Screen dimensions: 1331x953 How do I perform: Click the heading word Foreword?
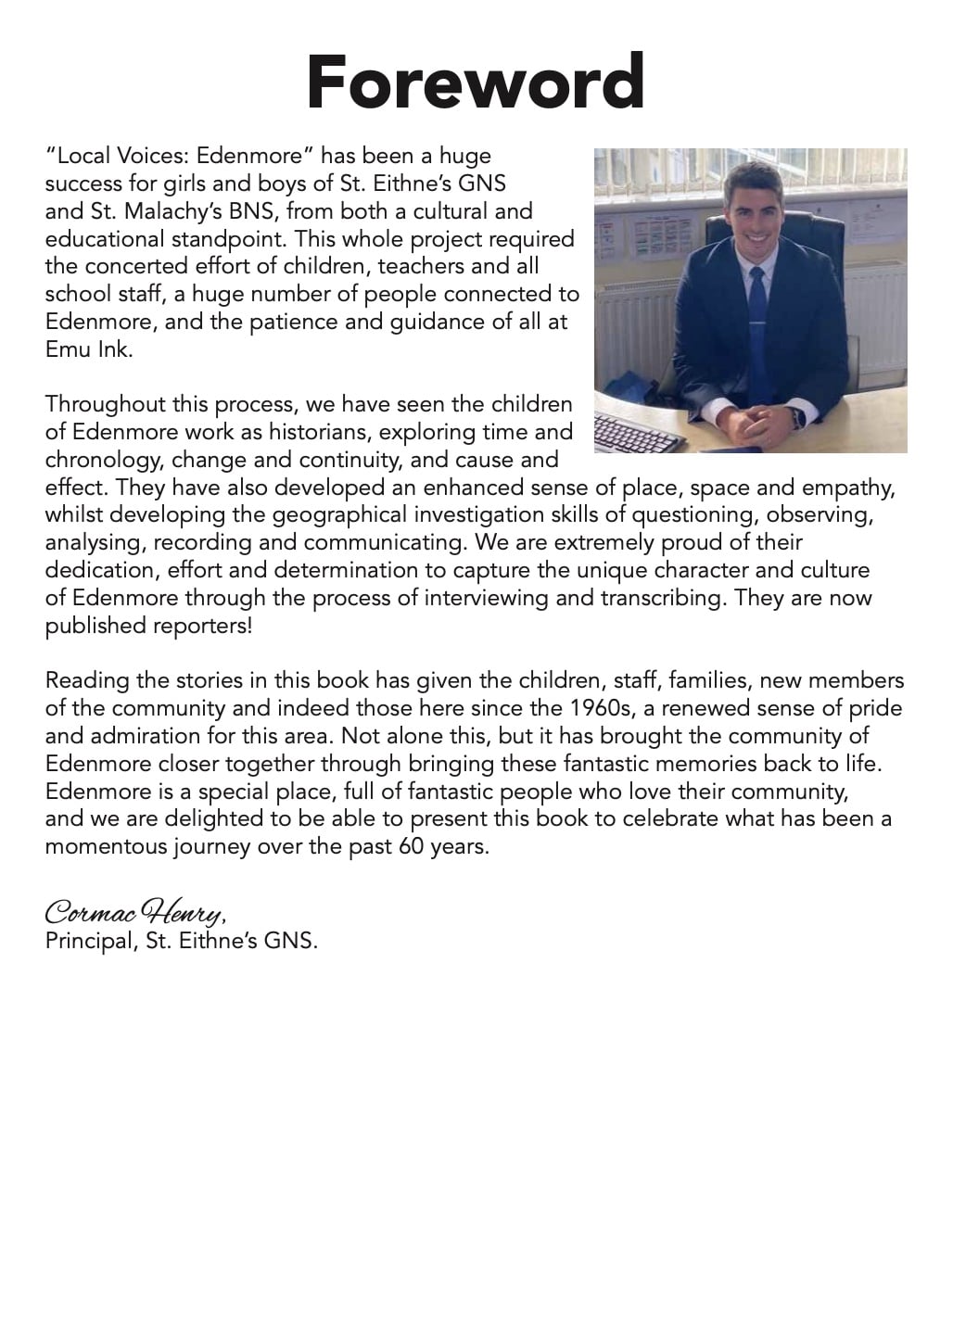(476, 81)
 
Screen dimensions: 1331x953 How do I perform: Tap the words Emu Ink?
(89, 350)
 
